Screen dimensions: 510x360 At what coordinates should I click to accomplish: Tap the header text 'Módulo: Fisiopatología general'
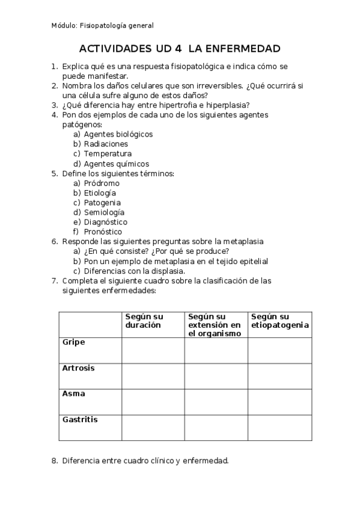[x=102, y=25]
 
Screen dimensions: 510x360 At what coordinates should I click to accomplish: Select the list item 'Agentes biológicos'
[x=118, y=134]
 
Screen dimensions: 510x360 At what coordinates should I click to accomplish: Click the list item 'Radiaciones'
[x=106, y=144]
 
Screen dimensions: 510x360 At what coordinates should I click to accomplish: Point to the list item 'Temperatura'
[x=108, y=154]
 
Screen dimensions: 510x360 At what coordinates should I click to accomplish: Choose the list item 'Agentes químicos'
[x=116, y=164]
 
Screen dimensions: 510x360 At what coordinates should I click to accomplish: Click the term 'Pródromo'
[x=102, y=183]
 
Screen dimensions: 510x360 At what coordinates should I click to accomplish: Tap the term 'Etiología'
[x=100, y=193]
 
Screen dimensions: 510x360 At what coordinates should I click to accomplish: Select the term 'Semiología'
[x=104, y=212]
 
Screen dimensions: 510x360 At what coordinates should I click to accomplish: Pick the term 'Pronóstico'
[x=103, y=232]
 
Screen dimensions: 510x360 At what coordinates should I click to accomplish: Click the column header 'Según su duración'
[x=144, y=321]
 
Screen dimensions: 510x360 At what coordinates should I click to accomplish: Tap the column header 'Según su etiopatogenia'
[x=280, y=321]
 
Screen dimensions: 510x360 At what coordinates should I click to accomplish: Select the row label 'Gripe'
[x=74, y=342]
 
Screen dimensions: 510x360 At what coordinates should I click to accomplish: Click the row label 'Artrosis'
[x=79, y=367]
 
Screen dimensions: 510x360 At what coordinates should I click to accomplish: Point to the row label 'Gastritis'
[x=80, y=420]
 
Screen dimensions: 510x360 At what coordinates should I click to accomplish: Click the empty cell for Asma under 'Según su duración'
[x=153, y=402]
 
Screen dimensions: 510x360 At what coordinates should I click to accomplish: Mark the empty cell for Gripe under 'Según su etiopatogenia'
[x=280, y=350]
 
